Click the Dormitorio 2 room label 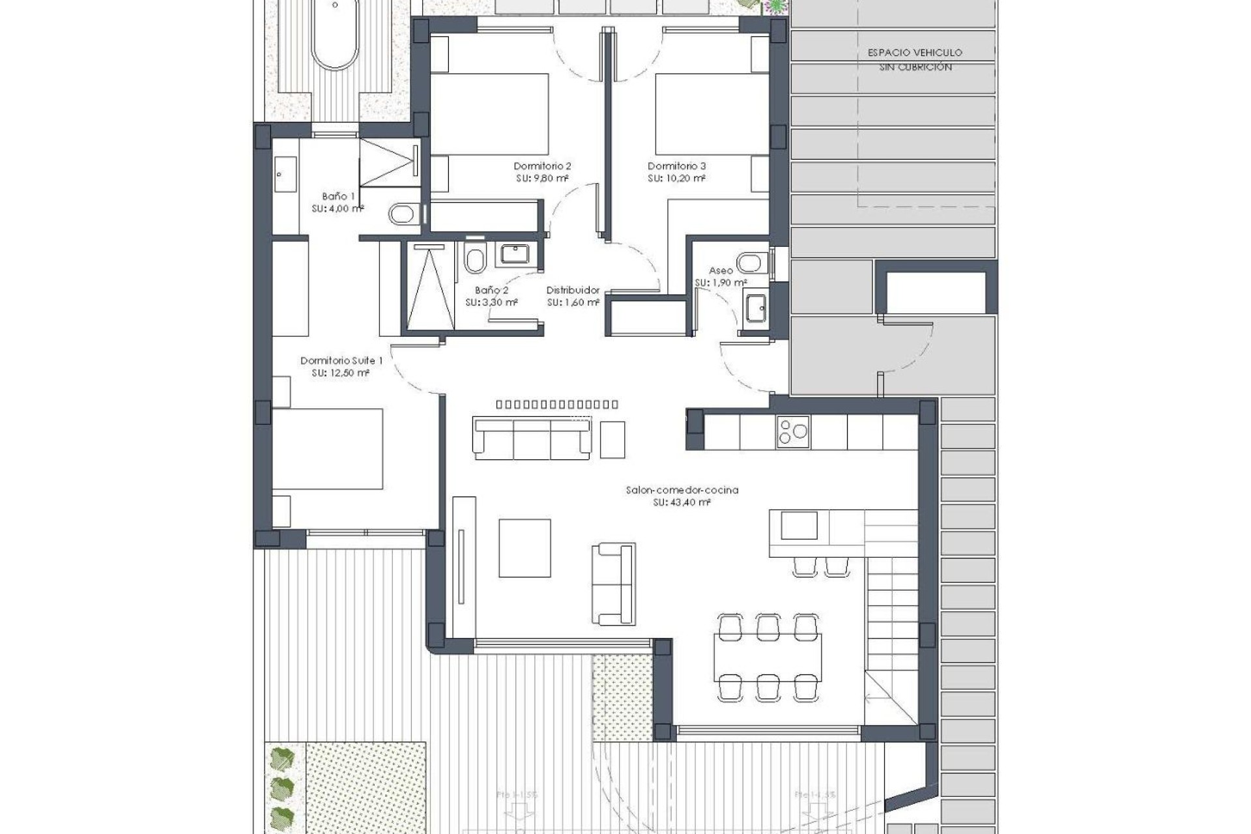click(x=542, y=166)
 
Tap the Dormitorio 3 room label click(x=676, y=166)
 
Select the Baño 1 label click(x=338, y=196)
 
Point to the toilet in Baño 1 click(x=405, y=213)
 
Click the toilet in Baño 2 click(x=475, y=259)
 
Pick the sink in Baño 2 click(x=515, y=253)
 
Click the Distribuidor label click(x=573, y=290)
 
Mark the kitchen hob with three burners click(x=793, y=432)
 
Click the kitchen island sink click(x=799, y=525)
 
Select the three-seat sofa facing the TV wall click(x=532, y=439)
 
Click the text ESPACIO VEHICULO click(x=915, y=53)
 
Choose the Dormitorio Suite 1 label click(x=341, y=360)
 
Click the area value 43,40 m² click(x=682, y=502)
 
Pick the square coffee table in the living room click(x=525, y=548)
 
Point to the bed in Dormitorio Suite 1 click(x=328, y=448)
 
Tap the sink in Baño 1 click(x=285, y=174)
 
